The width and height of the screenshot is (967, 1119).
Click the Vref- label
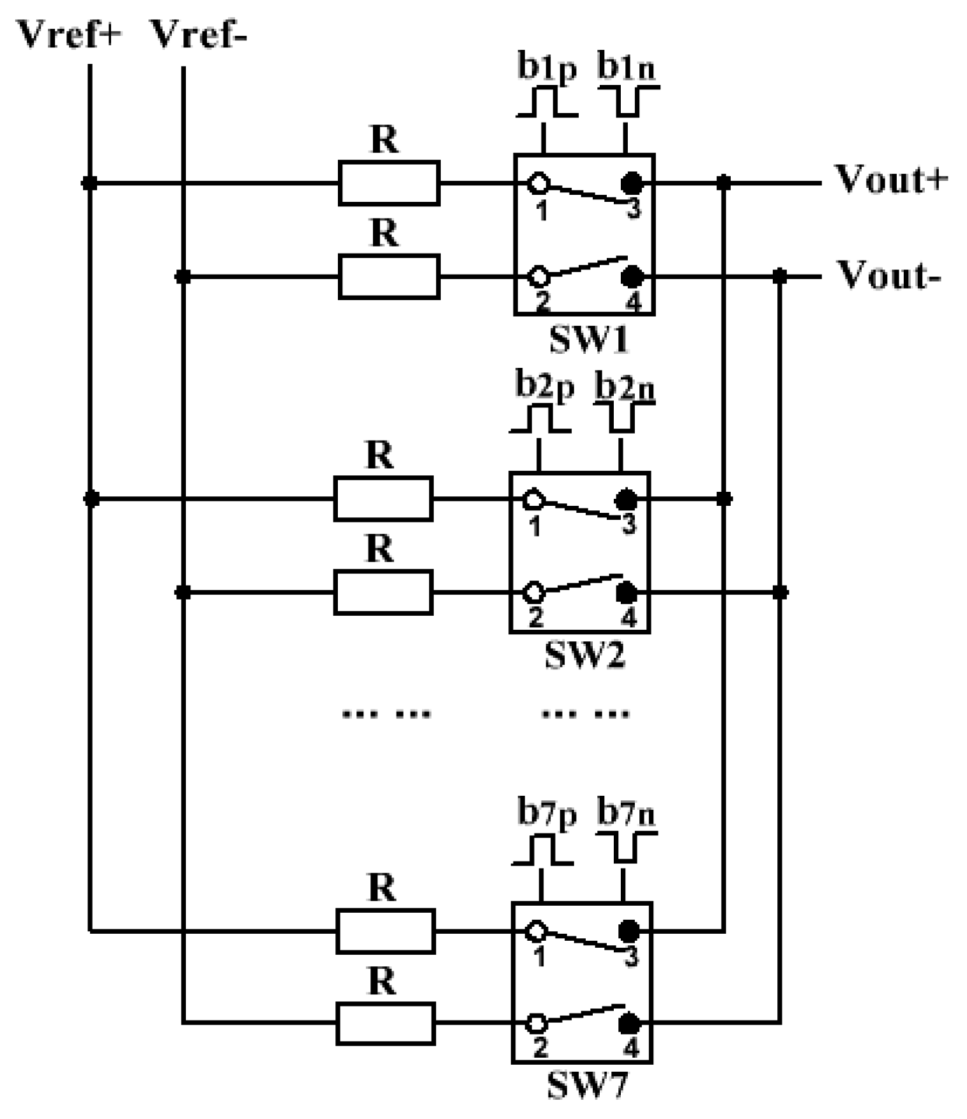[x=197, y=34]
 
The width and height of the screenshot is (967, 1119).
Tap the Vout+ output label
[x=892, y=179]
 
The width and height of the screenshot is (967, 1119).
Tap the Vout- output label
[x=888, y=275]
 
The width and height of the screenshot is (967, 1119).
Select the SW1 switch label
[x=589, y=339]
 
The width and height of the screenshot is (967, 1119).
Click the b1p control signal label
[x=547, y=66]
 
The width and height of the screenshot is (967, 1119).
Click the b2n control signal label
[x=625, y=386]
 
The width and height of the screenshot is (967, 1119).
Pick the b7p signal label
[x=547, y=814]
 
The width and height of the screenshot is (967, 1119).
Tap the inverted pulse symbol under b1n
[x=628, y=102]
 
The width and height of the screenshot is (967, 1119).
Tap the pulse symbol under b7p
[x=542, y=851]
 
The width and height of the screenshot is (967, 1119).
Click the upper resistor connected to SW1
[x=388, y=183]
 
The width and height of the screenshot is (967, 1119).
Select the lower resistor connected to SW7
[x=385, y=1024]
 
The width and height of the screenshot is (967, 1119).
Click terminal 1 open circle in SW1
[x=538, y=183]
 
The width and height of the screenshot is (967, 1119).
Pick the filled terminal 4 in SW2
[x=627, y=593]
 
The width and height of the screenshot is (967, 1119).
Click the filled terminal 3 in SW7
[x=629, y=931]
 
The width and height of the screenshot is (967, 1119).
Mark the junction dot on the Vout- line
[x=779, y=277]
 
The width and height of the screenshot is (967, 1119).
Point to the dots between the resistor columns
[x=386, y=713]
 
